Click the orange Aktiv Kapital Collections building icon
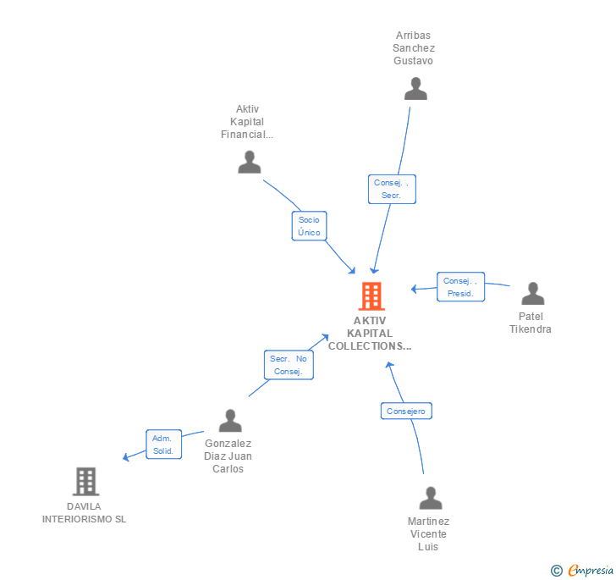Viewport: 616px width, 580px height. pos(371,296)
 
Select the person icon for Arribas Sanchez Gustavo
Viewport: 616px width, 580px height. pos(415,89)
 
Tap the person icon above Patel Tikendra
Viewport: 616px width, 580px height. pos(532,294)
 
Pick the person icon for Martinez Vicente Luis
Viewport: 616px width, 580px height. pos(431,499)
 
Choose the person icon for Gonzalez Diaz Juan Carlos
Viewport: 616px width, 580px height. pos(230,421)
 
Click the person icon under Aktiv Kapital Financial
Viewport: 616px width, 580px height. pos(250,162)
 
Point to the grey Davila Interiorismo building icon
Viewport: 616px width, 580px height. pos(85,482)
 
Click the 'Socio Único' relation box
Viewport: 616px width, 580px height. pos(309,226)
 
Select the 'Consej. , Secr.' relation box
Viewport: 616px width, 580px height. pos(392,189)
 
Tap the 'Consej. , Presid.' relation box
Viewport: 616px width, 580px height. pos(461,287)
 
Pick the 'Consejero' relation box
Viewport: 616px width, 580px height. pos(406,412)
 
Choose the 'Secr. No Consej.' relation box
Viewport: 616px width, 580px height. pos(288,365)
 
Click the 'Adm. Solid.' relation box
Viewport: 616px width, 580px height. pos(162,445)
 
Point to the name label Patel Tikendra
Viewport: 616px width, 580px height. pos(531,323)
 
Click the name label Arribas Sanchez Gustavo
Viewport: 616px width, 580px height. pos(414,48)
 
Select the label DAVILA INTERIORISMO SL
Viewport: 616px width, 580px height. pos(84,513)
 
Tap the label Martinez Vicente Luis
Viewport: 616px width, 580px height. pos(428,533)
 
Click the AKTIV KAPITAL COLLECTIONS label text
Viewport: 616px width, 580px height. pos(370,334)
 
